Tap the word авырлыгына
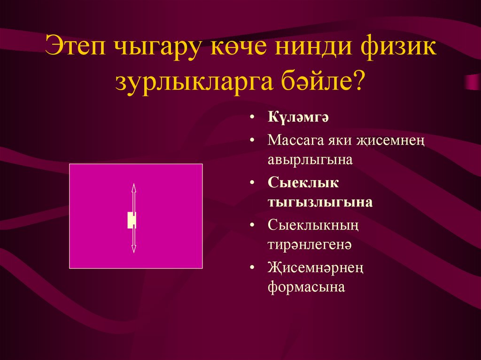310,160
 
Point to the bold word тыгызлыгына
320,202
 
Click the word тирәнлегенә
310,245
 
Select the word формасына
306,287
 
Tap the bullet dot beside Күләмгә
254,117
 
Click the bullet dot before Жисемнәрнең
254,268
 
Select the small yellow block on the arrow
132,220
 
